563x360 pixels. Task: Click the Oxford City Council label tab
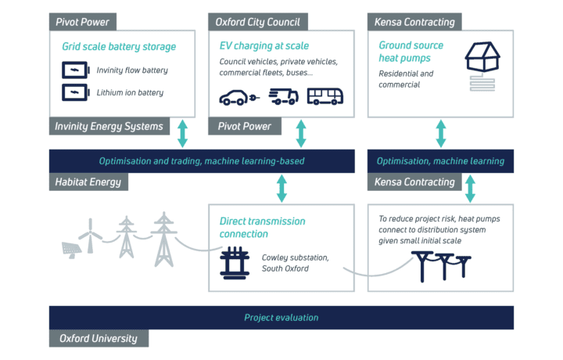pyautogui.click(x=258, y=22)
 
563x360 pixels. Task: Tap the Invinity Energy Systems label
pyautogui.click(x=109, y=127)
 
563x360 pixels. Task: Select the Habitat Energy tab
pyautogui.click(x=88, y=182)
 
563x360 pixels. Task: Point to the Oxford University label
pyautogui.click(x=99, y=338)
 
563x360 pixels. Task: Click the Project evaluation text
pyautogui.click(x=281, y=318)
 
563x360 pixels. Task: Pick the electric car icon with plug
pyautogui.click(x=239, y=97)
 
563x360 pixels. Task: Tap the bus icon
pyautogui.click(x=325, y=96)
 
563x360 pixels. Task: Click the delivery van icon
pyautogui.click(x=284, y=96)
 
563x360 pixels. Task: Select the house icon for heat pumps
pyautogui.click(x=482, y=56)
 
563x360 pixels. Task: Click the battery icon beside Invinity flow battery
pyautogui.click(x=76, y=70)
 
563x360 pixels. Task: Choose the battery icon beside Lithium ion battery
pyautogui.click(x=76, y=92)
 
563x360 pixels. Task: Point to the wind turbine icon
pyautogui.click(x=91, y=236)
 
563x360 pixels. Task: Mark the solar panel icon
pyautogui.click(x=71, y=250)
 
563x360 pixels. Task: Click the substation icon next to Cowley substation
pyautogui.click(x=235, y=263)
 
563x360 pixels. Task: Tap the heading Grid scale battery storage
pyautogui.click(x=119, y=47)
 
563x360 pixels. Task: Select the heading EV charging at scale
pyautogui.click(x=264, y=46)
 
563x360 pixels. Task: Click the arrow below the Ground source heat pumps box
pyautogui.click(x=441, y=134)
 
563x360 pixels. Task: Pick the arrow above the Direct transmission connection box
pyautogui.click(x=281, y=189)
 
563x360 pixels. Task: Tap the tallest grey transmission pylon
pyautogui.click(x=164, y=239)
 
